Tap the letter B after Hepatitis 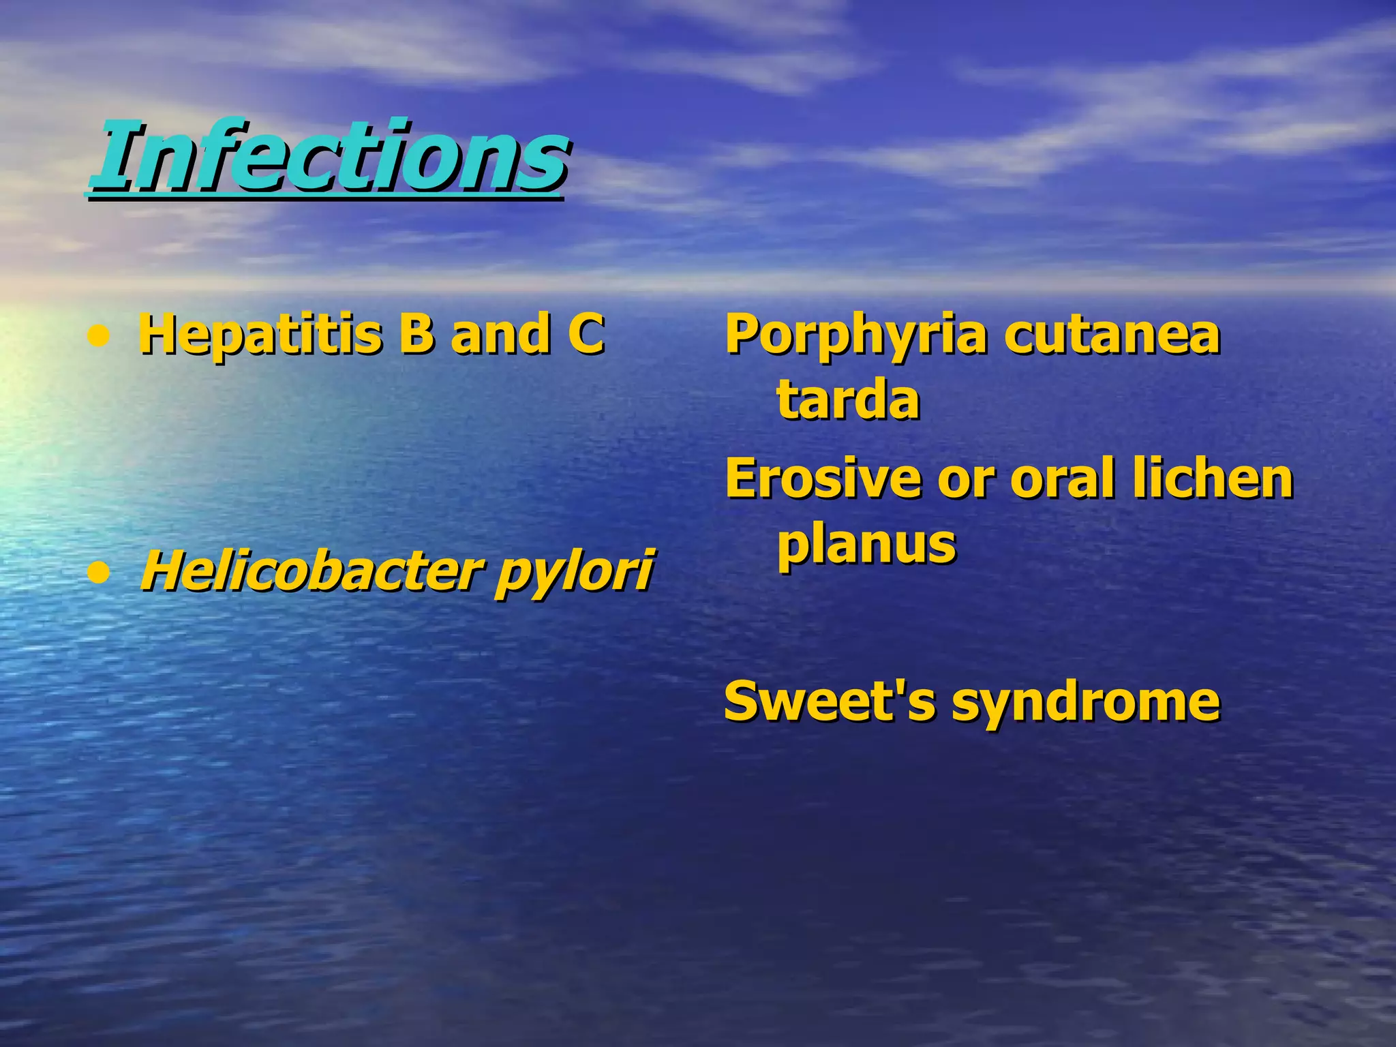[416, 334]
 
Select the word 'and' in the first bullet [501, 334]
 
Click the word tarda [848, 399]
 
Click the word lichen [1213, 478]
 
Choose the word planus [867, 545]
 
